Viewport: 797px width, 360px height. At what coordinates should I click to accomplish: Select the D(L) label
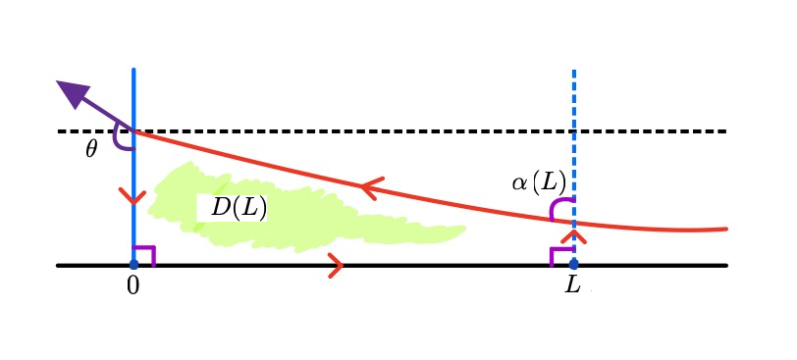[x=239, y=208]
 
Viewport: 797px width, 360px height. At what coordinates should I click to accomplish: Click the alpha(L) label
[x=538, y=181]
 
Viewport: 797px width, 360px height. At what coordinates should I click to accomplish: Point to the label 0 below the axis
[x=133, y=286]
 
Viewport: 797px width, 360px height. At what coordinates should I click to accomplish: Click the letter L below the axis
[x=573, y=286]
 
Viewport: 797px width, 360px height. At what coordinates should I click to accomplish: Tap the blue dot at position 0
[x=133, y=265]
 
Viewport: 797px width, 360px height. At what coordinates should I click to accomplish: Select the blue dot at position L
[x=573, y=265]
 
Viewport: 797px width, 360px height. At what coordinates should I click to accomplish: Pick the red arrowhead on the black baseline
[x=335, y=265]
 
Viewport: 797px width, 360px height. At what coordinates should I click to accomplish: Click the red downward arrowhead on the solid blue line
[x=133, y=196]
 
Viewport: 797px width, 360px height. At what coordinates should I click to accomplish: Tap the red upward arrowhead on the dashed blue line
[x=573, y=234]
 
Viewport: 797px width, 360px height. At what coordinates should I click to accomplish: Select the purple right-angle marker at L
[x=560, y=255]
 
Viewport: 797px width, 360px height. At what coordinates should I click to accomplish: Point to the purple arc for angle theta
[x=120, y=140]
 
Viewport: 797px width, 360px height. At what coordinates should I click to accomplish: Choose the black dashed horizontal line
[x=393, y=130]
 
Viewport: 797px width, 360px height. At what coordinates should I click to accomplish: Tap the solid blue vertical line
[x=133, y=98]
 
